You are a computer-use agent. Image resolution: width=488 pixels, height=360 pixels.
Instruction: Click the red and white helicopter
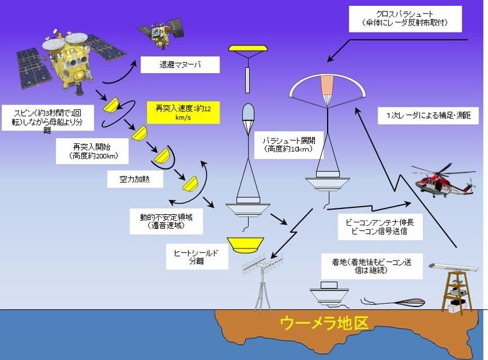coord(443,181)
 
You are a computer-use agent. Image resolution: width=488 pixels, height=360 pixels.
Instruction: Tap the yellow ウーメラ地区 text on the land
coord(324,323)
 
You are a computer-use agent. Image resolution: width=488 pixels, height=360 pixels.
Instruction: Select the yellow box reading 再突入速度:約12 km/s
coord(183,113)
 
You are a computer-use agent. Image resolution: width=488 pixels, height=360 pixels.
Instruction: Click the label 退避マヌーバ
coord(180,64)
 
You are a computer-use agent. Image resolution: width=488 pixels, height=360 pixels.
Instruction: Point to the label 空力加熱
coord(135,179)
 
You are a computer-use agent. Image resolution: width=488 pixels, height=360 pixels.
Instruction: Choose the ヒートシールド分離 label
coord(197,257)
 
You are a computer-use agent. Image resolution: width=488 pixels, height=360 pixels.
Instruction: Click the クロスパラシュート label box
coord(406,19)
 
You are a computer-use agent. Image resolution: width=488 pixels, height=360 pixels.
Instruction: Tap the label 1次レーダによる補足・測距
coord(428,116)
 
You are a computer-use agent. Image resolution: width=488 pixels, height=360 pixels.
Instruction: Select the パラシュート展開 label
coord(289,145)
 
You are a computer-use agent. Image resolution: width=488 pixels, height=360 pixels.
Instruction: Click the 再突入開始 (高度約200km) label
coord(92,151)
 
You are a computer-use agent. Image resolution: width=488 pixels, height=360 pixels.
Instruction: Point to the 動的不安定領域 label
coord(166,221)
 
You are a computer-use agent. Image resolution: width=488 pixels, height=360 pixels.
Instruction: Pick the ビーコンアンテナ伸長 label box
coord(380,227)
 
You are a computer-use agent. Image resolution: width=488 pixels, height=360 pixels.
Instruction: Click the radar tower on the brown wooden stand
coord(454,286)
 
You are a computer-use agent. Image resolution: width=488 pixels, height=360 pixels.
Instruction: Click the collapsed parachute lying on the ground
coord(393,302)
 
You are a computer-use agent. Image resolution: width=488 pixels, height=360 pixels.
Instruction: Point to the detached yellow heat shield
coord(245,245)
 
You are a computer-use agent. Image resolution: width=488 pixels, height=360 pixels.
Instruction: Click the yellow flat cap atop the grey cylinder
coord(248,48)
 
